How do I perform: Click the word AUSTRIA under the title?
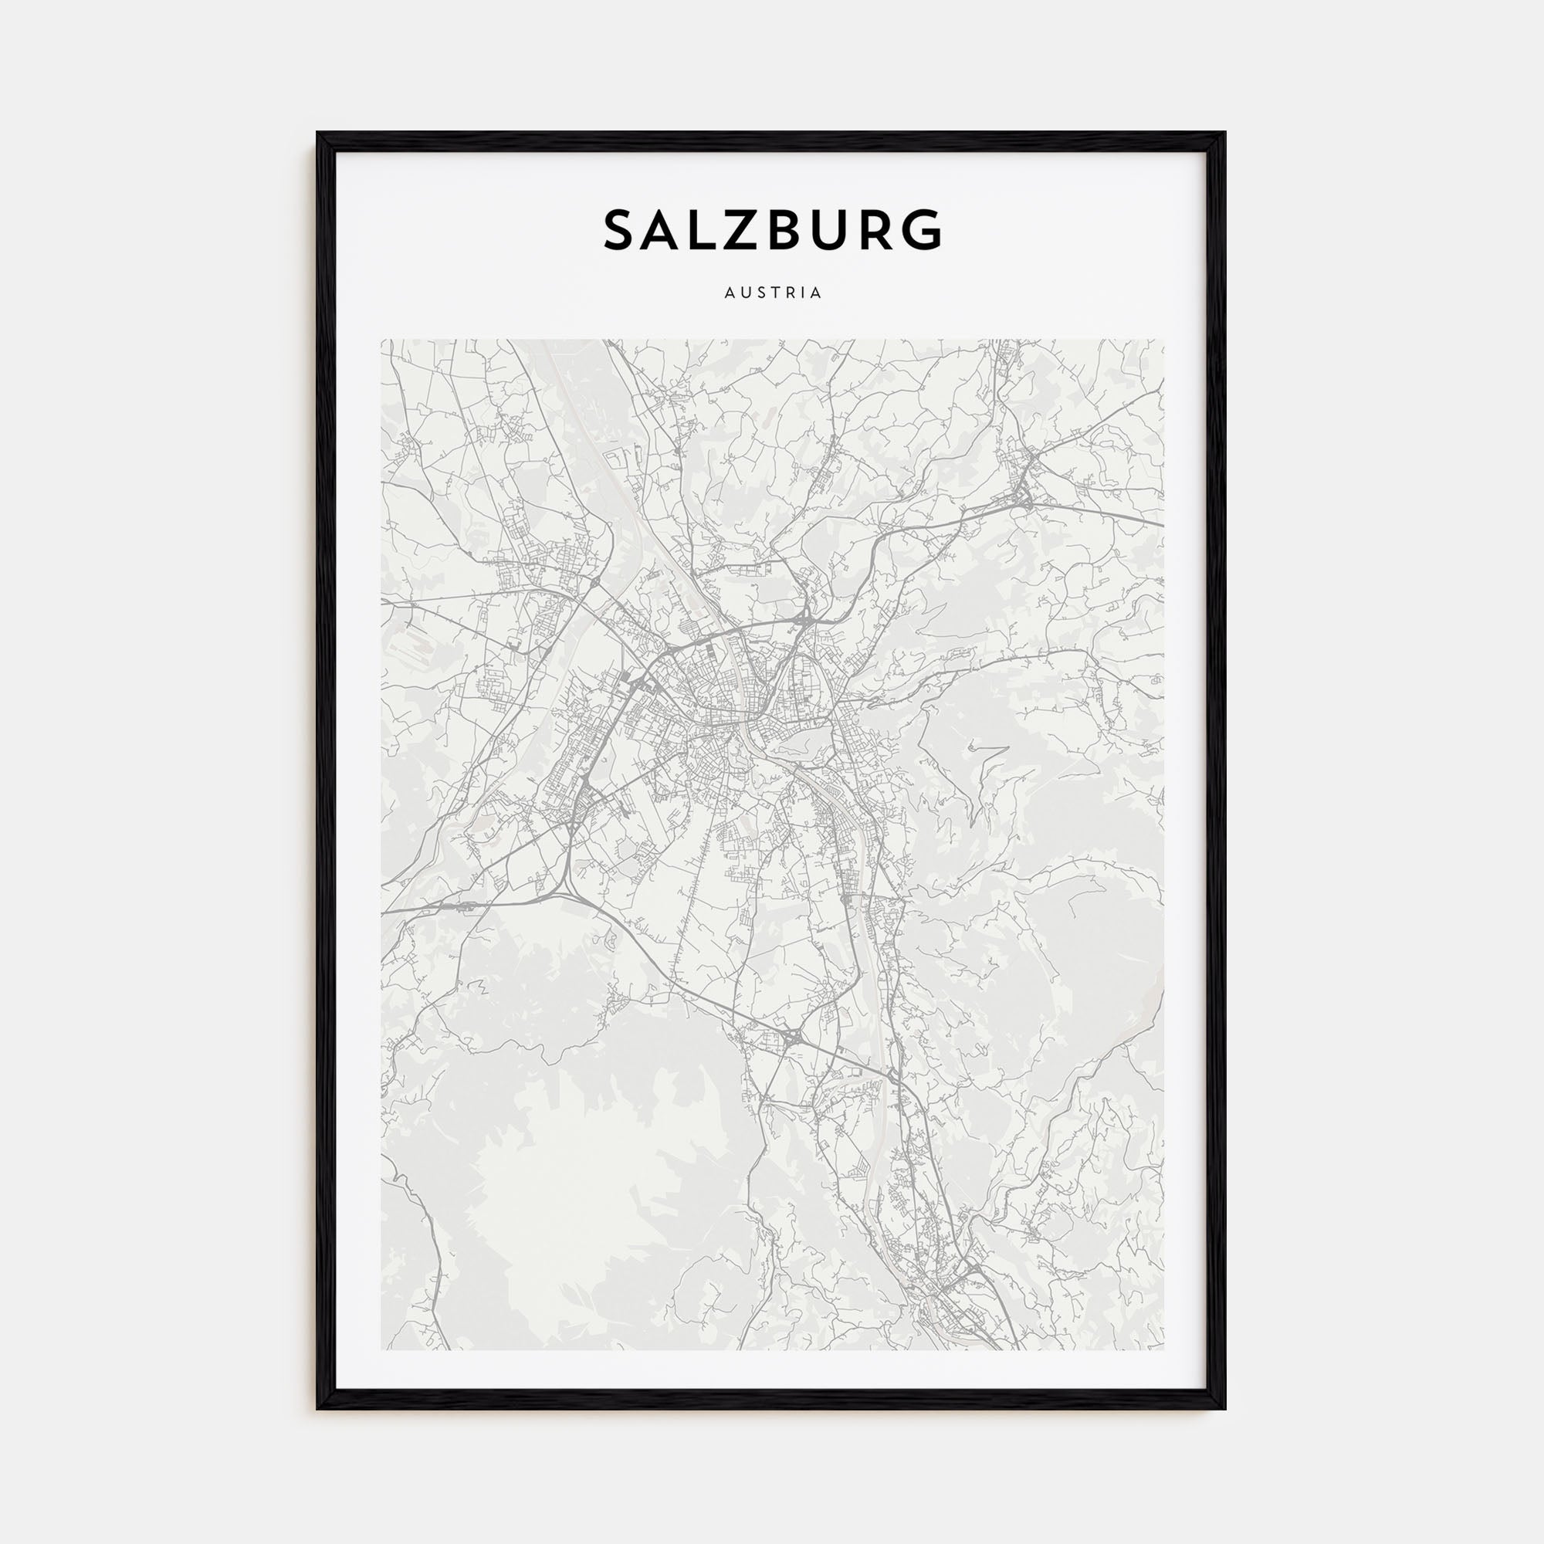coord(772,293)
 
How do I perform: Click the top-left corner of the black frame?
coord(318,134)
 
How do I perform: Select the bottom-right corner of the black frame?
coord(1224,1407)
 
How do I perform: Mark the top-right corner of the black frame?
coord(1224,134)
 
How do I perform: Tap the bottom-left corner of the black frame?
coord(318,1407)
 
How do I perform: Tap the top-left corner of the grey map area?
coord(381,340)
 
